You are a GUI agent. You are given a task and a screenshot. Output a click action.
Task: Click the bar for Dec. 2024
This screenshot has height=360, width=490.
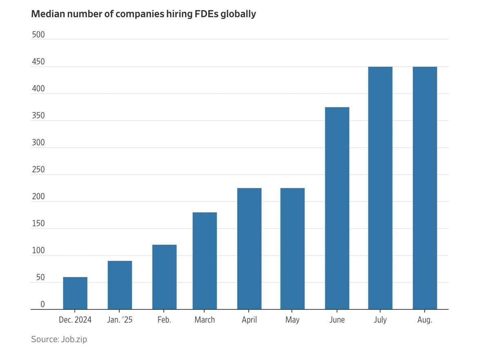[x=75, y=293]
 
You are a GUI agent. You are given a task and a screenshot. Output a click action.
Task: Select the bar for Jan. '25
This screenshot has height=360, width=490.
[x=120, y=285]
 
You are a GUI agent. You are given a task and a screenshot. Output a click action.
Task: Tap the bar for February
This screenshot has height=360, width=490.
[x=164, y=277]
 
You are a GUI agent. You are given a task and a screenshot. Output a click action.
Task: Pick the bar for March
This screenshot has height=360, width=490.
[x=205, y=261]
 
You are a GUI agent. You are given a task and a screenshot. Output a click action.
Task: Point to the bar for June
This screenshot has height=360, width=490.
[x=337, y=208]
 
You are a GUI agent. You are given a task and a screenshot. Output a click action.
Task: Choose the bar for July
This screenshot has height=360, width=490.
[x=380, y=188]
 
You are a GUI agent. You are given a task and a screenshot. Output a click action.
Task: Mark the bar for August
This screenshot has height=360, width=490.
[x=425, y=188]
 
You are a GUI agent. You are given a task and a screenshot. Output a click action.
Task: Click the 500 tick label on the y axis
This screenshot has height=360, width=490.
[x=38, y=35]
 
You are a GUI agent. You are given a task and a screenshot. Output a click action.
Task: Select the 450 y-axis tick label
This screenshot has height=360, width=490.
[x=38, y=62]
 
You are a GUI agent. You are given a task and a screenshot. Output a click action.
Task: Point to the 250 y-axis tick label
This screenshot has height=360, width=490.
[x=38, y=170]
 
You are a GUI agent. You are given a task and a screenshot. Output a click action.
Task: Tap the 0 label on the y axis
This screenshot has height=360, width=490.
[x=42, y=304]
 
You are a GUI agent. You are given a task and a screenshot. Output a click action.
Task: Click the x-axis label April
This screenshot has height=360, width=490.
[x=249, y=320]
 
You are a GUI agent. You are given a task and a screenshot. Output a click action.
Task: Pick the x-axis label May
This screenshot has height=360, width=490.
[x=292, y=320]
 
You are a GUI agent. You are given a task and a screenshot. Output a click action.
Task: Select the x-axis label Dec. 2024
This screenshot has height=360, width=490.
[x=75, y=320]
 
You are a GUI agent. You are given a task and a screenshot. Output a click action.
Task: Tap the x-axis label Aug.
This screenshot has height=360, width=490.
[x=425, y=320]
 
